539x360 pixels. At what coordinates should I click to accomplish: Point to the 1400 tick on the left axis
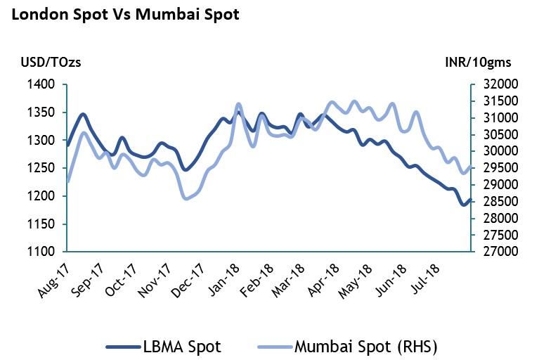click(x=40, y=84)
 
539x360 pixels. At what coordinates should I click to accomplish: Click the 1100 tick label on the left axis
click(x=40, y=252)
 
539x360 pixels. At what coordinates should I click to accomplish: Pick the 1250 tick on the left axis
click(x=40, y=168)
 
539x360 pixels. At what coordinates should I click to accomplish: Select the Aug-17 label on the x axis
click(x=53, y=278)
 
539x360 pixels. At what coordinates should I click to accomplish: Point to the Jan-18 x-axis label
click(x=224, y=278)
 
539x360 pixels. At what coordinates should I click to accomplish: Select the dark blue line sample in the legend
click(x=124, y=347)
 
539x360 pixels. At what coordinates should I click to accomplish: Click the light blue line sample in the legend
click(x=274, y=347)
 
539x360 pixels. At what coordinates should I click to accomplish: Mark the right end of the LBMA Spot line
click(x=469, y=200)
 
